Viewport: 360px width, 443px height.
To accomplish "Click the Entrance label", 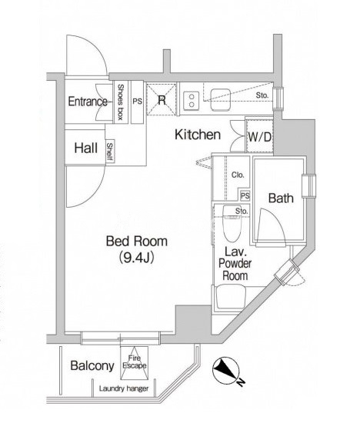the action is coord(88,102).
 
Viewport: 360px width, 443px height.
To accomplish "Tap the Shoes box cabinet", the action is coord(121,102).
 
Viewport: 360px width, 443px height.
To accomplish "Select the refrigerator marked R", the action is coord(162,99).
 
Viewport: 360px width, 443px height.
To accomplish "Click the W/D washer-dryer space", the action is coord(259,136).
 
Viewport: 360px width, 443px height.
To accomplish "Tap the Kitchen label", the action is coord(198,135).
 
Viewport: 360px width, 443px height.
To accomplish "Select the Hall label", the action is coord(86,148).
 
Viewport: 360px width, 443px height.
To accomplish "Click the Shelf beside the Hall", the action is coord(110,152).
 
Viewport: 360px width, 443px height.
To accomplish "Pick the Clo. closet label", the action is coord(238,175).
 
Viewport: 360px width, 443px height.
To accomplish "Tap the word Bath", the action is coord(281,198).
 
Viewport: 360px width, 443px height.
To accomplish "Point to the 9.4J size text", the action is coord(136,257).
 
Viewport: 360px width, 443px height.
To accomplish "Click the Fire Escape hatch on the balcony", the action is coord(135,362).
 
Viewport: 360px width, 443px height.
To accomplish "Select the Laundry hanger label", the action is coord(124,388).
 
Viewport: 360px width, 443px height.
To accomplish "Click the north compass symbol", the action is coord(226,370).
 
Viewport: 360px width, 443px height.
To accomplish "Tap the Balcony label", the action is coord(92,365).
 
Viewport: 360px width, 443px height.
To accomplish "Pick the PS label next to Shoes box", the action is coord(138,102).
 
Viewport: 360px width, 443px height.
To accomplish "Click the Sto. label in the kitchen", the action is coord(262,95).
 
